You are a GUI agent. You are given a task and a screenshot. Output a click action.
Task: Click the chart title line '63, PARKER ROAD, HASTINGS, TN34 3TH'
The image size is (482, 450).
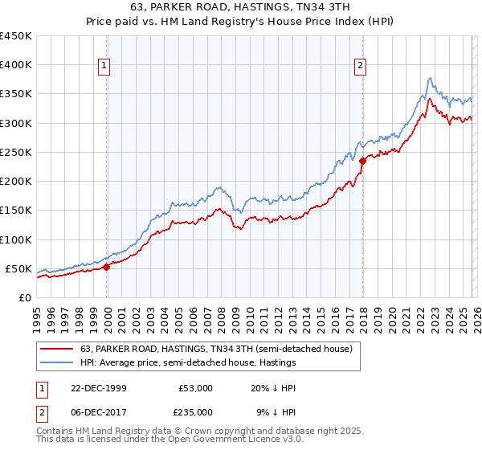240,9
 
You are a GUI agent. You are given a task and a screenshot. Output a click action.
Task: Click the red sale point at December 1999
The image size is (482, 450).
107,267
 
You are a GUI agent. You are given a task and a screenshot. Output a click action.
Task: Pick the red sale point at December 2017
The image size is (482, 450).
362,161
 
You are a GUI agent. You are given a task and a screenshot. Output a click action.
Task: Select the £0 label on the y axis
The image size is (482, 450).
24,297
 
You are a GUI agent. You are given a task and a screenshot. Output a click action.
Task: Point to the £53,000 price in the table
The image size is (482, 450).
196,388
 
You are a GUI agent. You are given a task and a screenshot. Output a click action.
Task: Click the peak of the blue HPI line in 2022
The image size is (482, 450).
431,78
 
